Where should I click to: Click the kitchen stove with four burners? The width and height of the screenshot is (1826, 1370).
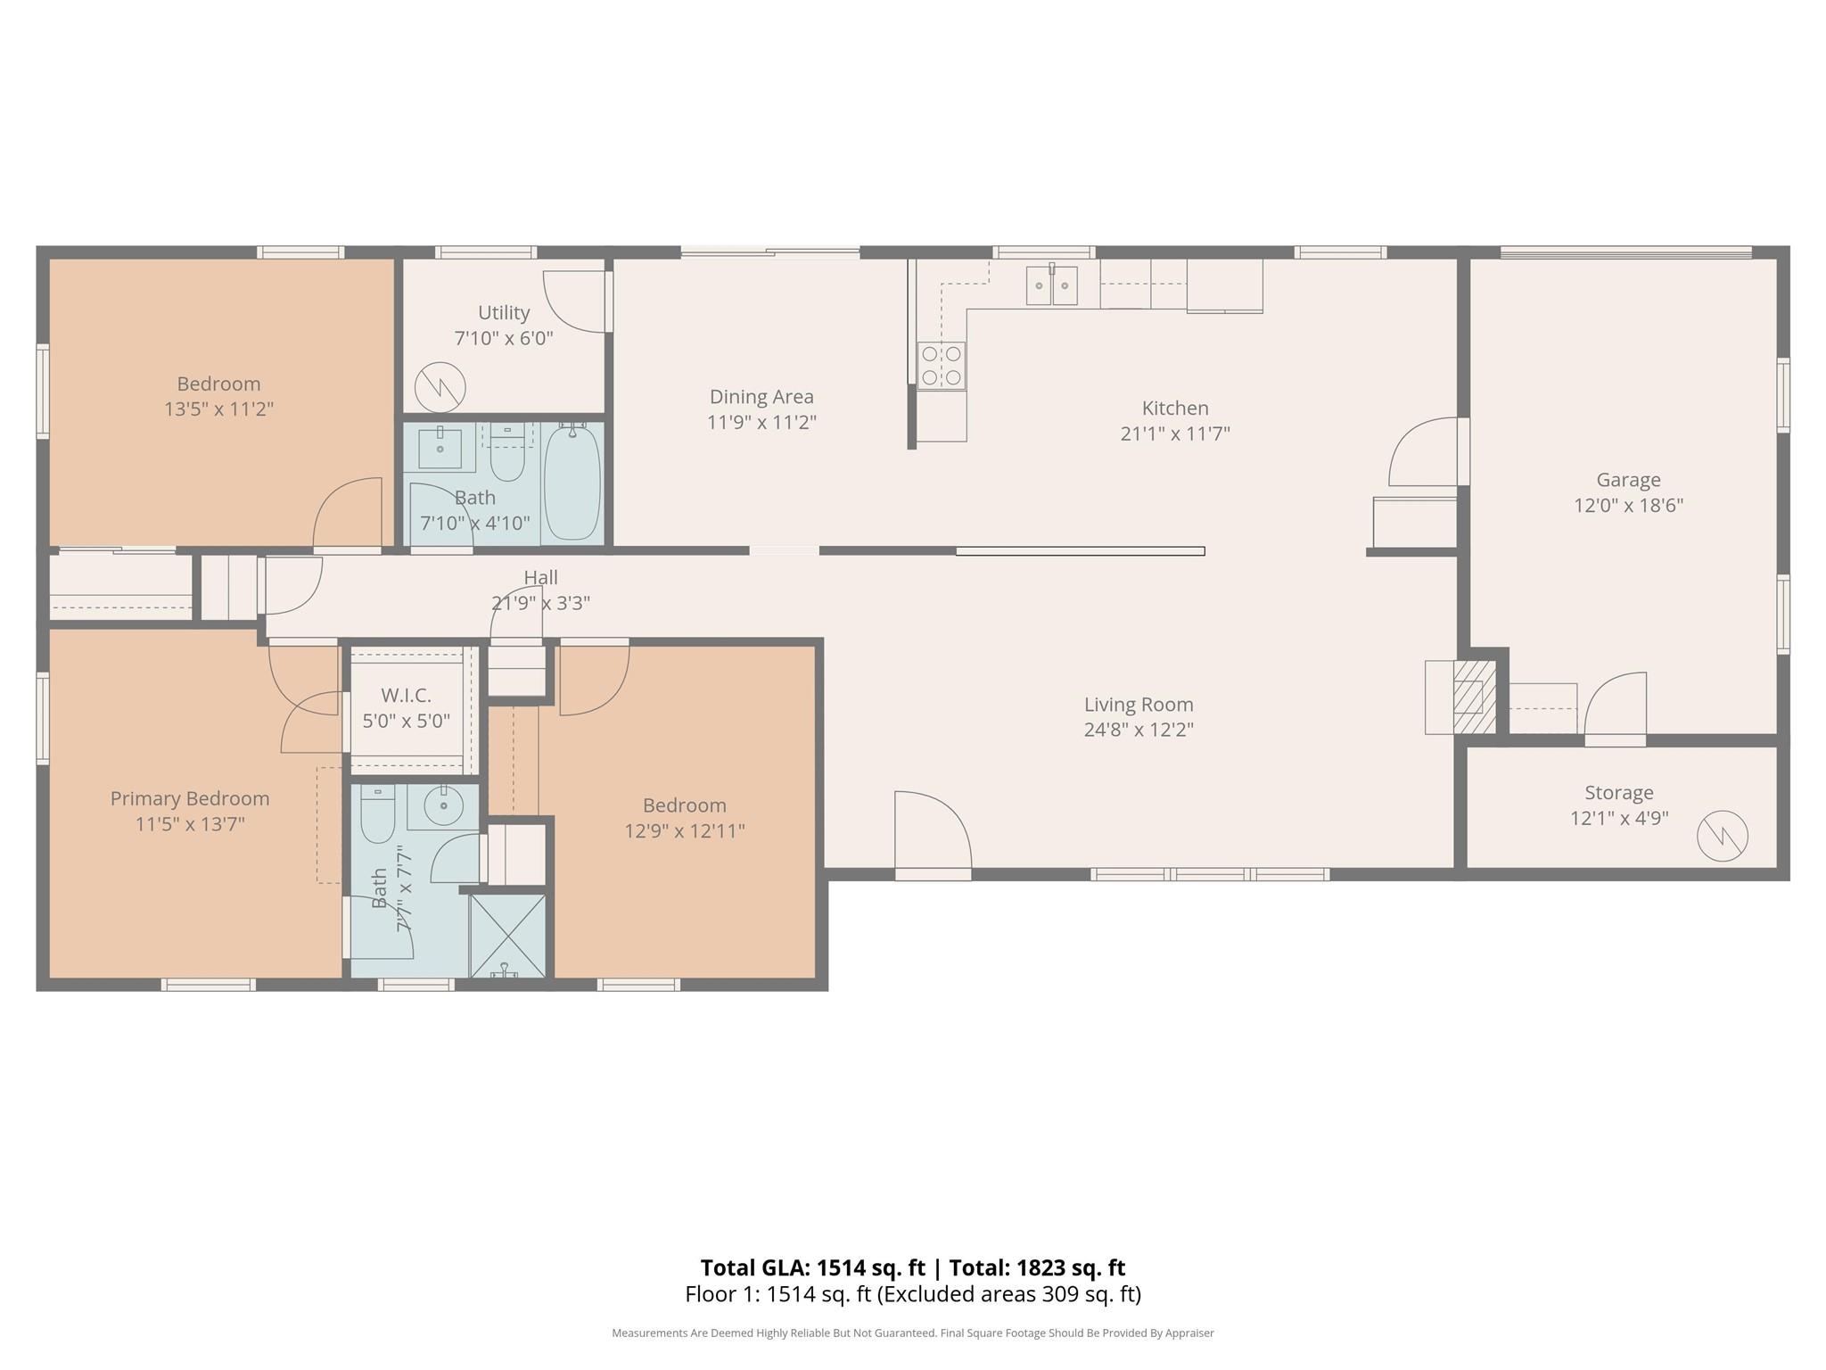tap(942, 366)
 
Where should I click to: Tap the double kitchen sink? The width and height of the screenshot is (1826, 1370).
tap(1051, 285)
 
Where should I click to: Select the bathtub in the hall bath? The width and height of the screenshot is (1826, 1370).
tap(572, 483)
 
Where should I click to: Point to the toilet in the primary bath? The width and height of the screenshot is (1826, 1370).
tap(378, 813)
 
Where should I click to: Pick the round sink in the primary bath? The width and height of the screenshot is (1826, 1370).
tap(443, 806)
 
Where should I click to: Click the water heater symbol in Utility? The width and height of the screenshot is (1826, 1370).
tap(440, 387)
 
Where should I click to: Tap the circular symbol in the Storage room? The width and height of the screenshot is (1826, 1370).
tap(1723, 836)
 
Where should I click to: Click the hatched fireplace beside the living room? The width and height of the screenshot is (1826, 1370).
tap(1475, 697)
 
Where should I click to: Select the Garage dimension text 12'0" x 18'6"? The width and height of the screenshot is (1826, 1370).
tap(1628, 506)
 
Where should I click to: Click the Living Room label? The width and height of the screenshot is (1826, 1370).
tap(1139, 705)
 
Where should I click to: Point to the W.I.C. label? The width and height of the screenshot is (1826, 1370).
tap(406, 695)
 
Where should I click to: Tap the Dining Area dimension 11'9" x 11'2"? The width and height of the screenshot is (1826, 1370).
tap(761, 423)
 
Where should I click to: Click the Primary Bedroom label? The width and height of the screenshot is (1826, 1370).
tap(190, 799)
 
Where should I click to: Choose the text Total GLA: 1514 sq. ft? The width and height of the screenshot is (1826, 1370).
tap(812, 1267)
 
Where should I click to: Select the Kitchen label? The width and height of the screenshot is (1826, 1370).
tap(1175, 409)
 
